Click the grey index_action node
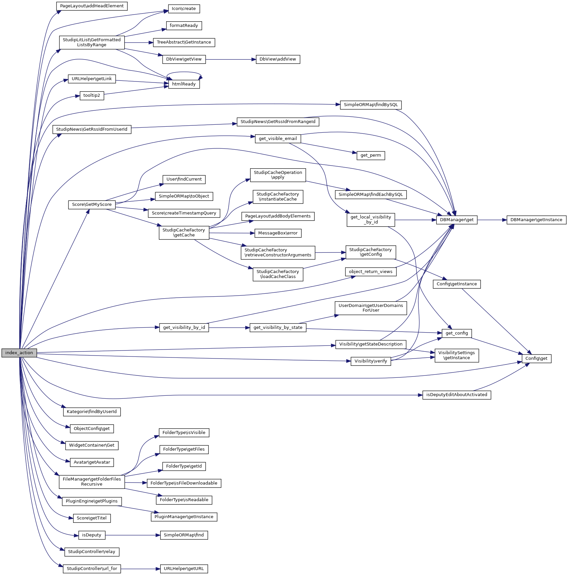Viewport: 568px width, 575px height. click(19, 353)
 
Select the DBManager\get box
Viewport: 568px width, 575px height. click(457, 220)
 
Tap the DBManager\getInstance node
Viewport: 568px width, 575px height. click(536, 220)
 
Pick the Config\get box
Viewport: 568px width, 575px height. click(536, 359)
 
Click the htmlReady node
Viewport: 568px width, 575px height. click(184, 84)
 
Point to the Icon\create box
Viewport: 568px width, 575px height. click(184, 9)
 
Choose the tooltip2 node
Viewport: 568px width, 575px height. click(92, 95)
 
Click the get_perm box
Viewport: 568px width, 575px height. click(371, 155)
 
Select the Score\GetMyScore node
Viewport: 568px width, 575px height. click(92, 205)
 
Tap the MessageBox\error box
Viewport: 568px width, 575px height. click(278, 233)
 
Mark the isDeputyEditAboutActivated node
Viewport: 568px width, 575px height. click(457, 395)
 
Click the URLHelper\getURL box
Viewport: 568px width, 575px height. click(184, 569)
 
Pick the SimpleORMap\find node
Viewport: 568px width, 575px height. click(184, 535)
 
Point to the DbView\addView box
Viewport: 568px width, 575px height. click(278, 59)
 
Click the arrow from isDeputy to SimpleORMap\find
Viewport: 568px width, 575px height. click(133, 535)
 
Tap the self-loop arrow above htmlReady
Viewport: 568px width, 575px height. click(184, 72)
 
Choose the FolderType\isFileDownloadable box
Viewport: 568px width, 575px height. click(184, 483)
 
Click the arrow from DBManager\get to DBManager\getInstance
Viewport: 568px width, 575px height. click(492, 220)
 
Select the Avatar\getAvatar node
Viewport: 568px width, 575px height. click(92, 462)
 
